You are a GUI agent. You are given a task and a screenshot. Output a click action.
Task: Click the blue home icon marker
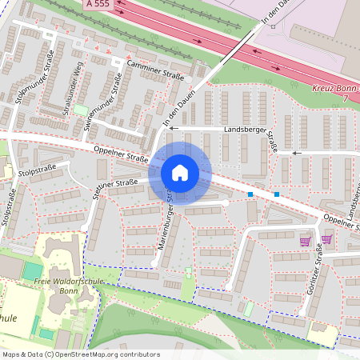coord(180,173)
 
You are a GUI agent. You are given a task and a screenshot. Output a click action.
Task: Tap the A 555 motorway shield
coord(96,4)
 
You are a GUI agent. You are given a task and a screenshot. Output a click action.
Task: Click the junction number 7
coord(345,98)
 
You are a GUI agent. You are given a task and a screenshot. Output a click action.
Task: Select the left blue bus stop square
coord(250,194)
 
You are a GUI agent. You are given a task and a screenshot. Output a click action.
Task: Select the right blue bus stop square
coord(277,194)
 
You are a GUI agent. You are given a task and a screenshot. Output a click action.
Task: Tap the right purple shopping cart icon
coord(326,238)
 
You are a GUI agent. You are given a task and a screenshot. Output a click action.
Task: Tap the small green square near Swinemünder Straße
coord(82,110)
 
